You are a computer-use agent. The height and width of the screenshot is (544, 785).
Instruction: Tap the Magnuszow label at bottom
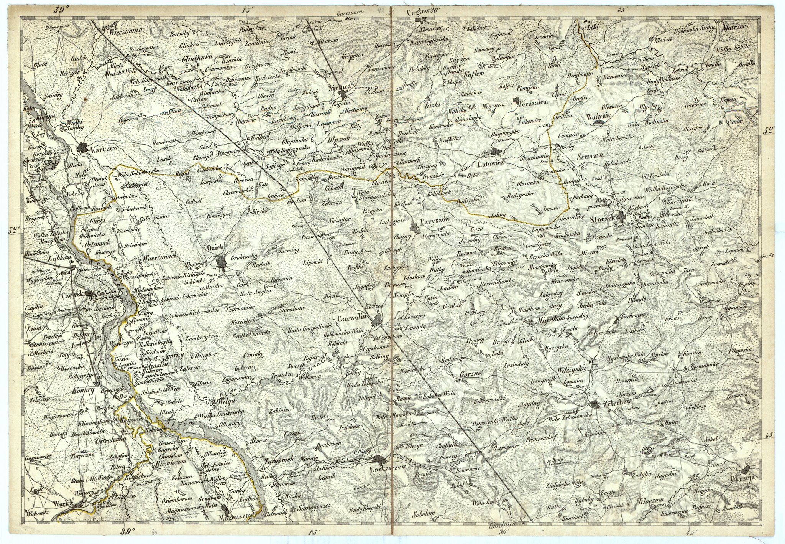(x=233, y=516)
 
